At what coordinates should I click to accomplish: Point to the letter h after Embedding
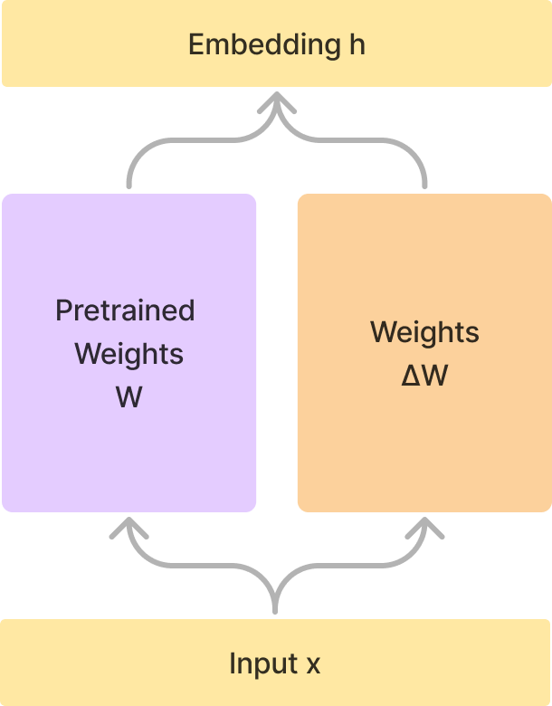point(357,44)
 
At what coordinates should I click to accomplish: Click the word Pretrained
point(125,310)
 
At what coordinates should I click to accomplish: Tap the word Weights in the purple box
point(128,354)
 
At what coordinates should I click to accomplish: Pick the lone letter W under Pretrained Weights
point(128,396)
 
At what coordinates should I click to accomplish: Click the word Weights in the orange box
point(424,332)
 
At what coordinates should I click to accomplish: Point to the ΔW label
point(424,376)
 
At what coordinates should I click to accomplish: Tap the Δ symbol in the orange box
point(410,376)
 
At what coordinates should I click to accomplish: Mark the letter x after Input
point(313,665)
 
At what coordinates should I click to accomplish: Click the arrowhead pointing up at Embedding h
point(276,103)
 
